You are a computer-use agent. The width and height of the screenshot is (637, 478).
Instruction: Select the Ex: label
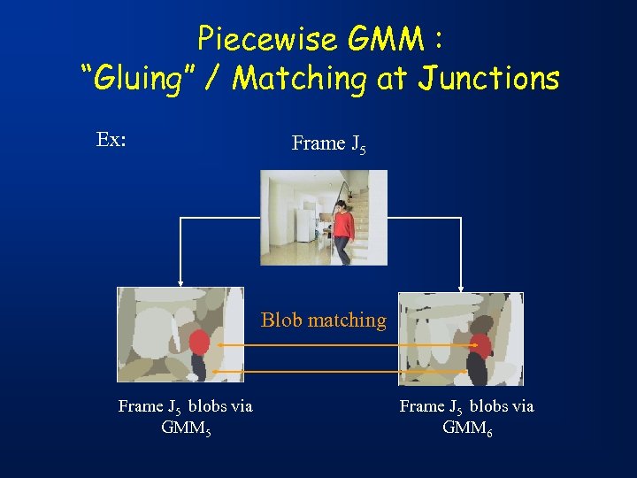[111, 140]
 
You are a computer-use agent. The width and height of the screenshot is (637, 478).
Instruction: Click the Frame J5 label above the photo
[328, 143]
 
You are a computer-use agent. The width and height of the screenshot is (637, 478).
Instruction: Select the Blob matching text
[323, 320]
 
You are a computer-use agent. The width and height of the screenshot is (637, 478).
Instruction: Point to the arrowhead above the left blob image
[181, 282]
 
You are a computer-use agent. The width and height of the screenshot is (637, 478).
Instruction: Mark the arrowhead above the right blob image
[460, 288]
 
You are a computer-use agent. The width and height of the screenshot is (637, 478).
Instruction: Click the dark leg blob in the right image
[476, 368]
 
